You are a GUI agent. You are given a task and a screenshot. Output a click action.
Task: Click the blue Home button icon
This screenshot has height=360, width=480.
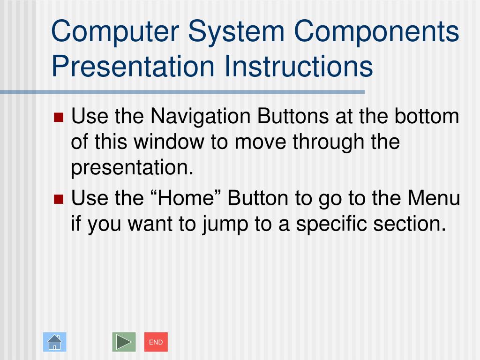click(54, 342)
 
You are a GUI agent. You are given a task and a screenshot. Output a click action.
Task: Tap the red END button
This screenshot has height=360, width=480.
click(156, 342)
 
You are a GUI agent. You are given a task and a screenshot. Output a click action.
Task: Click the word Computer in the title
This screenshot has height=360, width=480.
click(115, 32)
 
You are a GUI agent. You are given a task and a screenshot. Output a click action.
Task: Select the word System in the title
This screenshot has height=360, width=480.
click(236, 32)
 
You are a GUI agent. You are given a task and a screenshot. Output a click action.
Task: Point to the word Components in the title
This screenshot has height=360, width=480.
click(376, 32)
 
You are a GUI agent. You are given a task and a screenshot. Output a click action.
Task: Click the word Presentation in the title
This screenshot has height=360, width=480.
click(133, 66)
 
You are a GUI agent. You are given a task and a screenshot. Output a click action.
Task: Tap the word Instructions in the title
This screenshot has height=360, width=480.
click(299, 66)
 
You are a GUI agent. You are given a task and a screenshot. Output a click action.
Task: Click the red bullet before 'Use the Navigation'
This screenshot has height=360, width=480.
click(59, 117)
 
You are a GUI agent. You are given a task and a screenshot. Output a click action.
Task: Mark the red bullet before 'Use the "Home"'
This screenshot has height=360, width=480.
click(59, 199)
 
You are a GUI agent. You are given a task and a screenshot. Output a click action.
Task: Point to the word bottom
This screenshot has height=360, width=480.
click(427, 116)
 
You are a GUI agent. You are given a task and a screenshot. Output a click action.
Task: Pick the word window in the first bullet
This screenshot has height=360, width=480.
click(169, 142)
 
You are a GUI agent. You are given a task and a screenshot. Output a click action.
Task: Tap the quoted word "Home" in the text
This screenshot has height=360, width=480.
click(186, 198)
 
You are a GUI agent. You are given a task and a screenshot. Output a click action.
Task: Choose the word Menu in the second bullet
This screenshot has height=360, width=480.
click(434, 198)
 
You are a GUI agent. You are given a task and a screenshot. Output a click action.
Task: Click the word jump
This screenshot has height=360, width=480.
click(225, 225)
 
